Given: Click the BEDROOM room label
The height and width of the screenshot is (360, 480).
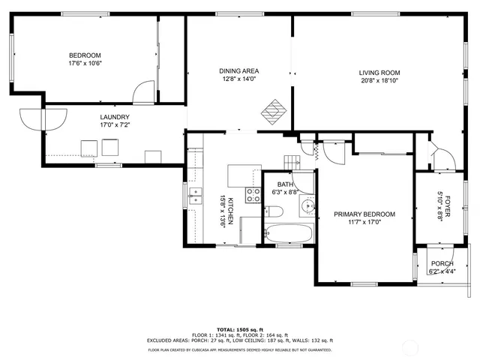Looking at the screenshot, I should [85, 55].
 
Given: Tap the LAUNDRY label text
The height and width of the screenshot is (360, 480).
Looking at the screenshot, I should [115, 117].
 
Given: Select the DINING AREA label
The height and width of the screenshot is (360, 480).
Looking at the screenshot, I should [238, 71].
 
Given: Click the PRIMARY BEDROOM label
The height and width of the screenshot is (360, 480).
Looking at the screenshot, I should [364, 214].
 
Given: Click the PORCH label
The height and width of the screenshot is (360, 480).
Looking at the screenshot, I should [441, 263].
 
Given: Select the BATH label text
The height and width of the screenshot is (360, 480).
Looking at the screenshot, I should [285, 184].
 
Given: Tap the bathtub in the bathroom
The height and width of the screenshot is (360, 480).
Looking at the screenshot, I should [289, 233].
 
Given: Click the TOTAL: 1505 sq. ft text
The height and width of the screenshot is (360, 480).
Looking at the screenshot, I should [239, 328].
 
